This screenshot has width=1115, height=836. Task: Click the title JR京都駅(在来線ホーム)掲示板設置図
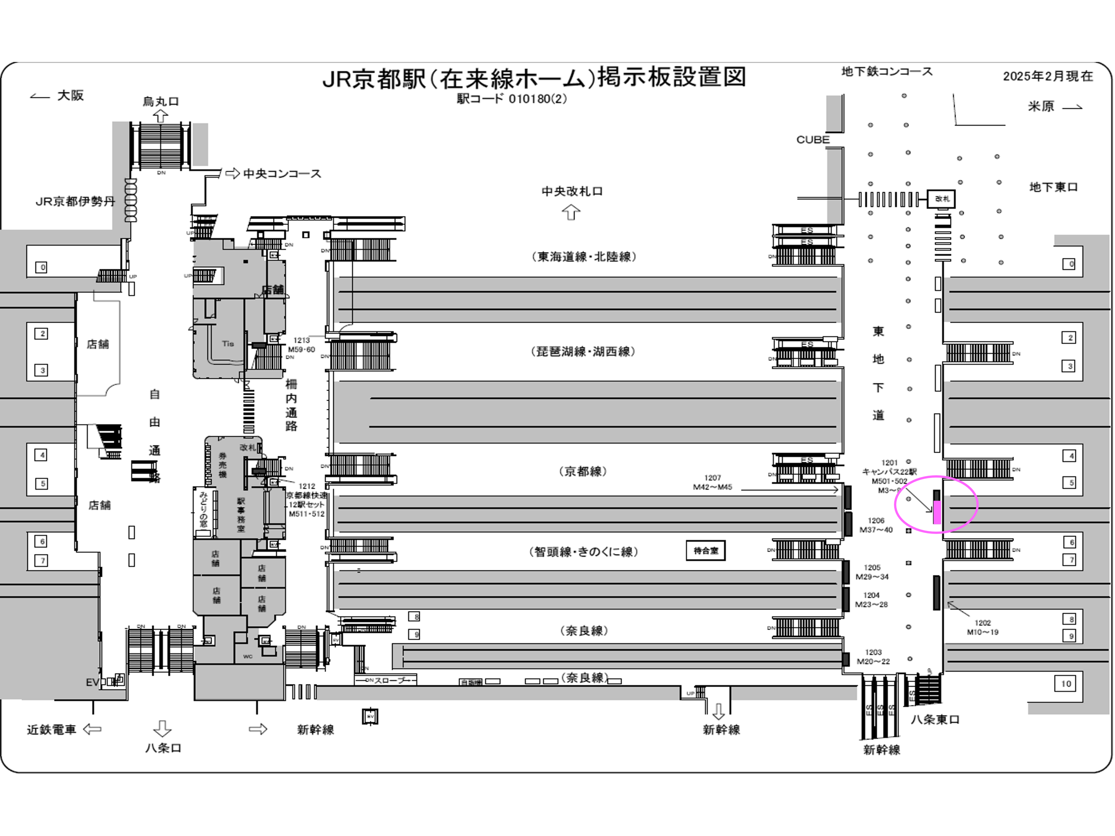tap(534, 78)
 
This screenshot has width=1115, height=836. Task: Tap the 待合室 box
tap(705, 550)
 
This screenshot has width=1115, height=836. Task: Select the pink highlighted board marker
tap(937, 512)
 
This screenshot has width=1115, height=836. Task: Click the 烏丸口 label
tap(161, 101)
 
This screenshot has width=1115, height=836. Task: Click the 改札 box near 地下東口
tap(941, 199)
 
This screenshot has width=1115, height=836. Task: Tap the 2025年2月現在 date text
tap(1047, 76)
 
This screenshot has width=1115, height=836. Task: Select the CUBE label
tap(812, 140)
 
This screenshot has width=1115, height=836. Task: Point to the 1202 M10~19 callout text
tap(982, 627)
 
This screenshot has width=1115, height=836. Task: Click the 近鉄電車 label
tap(51, 729)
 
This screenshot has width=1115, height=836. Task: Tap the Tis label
tap(228, 344)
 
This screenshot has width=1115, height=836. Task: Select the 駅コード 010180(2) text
tap(512, 99)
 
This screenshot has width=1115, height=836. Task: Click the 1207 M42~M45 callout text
tap(712, 482)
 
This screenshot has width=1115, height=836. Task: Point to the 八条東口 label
tap(935, 720)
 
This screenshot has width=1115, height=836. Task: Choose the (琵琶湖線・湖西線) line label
tap(583, 351)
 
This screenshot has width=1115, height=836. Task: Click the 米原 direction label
tap(1041, 107)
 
